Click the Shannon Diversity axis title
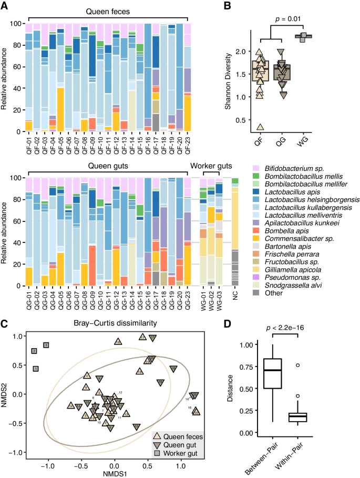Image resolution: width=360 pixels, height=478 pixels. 227,79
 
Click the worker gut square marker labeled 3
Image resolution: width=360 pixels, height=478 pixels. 46,345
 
